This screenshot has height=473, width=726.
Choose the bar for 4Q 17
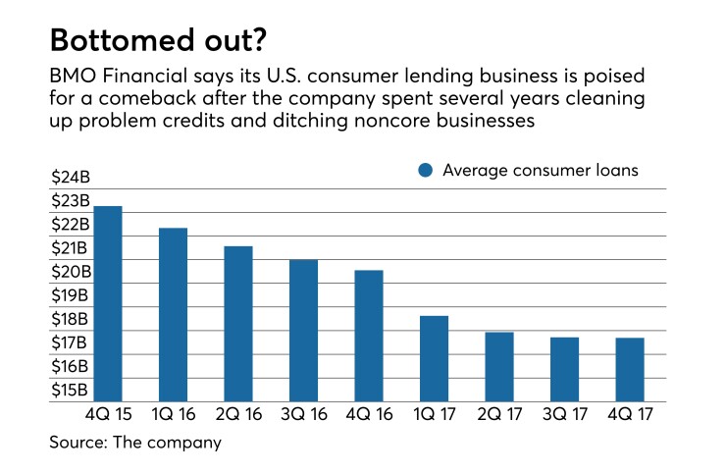click(630, 370)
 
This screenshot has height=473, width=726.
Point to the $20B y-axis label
click(70, 272)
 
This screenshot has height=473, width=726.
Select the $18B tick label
click(70, 319)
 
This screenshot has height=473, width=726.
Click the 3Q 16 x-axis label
click(303, 415)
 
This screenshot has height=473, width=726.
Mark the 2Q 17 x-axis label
click(499, 415)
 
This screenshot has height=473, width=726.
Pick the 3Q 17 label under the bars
click(564, 415)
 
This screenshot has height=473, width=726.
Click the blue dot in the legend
click(425, 171)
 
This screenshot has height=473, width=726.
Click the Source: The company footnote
click(135, 443)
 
